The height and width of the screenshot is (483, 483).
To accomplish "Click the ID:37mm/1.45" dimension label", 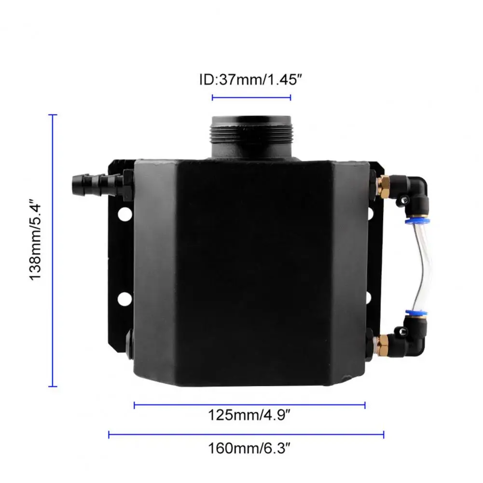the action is [250, 80].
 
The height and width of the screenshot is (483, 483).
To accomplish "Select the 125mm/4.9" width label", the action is [249, 415].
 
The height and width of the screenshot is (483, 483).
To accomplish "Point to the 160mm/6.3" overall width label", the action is [249, 448].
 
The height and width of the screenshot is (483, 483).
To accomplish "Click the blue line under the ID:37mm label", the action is [251, 97].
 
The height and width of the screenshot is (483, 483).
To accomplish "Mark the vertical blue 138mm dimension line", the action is [53, 250].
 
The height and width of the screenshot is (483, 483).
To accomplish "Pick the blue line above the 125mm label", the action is [249, 405].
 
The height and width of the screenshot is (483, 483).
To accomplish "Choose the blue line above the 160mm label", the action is [246, 435].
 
